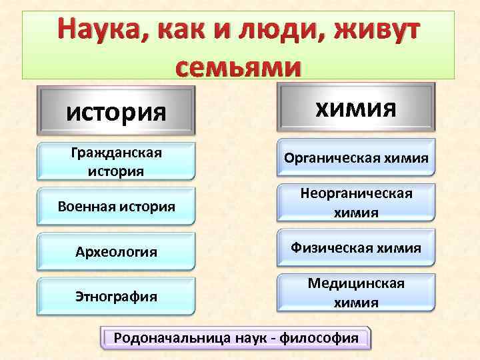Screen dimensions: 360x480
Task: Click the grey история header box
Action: (117, 110)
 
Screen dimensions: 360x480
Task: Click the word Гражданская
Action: (117, 153)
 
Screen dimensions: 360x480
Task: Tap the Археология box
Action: (117, 251)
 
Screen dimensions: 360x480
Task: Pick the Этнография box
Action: (117, 295)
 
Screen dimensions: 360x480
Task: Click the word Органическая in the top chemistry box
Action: (324, 158)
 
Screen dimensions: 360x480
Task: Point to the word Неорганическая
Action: (356, 193)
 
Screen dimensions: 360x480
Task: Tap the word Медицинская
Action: (356, 283)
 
